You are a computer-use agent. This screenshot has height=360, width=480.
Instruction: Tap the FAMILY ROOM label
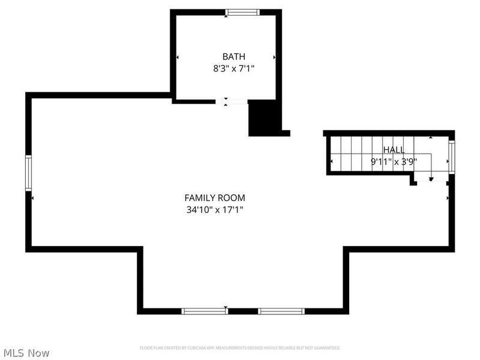coord(214,197)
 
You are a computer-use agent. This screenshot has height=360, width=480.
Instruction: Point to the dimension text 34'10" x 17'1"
coord(214,210)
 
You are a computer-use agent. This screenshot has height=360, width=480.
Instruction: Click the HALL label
coord(394,150)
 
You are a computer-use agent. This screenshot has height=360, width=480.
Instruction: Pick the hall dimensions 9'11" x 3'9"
coord(394,161)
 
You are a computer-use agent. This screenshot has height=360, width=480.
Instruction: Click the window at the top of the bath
coord(242,12)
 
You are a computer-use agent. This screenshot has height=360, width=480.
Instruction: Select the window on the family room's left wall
coord(28,173)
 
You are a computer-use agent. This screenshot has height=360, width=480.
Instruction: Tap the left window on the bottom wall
coord(205,311)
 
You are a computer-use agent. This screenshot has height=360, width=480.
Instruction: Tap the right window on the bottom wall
coord(281,311)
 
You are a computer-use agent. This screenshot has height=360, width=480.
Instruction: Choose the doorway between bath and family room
coord(232,101)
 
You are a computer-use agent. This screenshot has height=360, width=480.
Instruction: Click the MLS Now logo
coord(26,353)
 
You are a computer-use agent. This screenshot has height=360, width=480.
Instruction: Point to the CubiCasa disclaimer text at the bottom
coord(240,348)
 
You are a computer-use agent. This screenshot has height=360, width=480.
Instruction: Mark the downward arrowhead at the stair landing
coord(431,179)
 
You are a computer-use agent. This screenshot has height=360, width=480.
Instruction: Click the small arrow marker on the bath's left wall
coord(178,58)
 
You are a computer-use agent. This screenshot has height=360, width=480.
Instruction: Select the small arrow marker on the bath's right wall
coord(275,58)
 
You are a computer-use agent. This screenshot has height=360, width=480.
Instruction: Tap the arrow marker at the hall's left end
coord(332,161)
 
